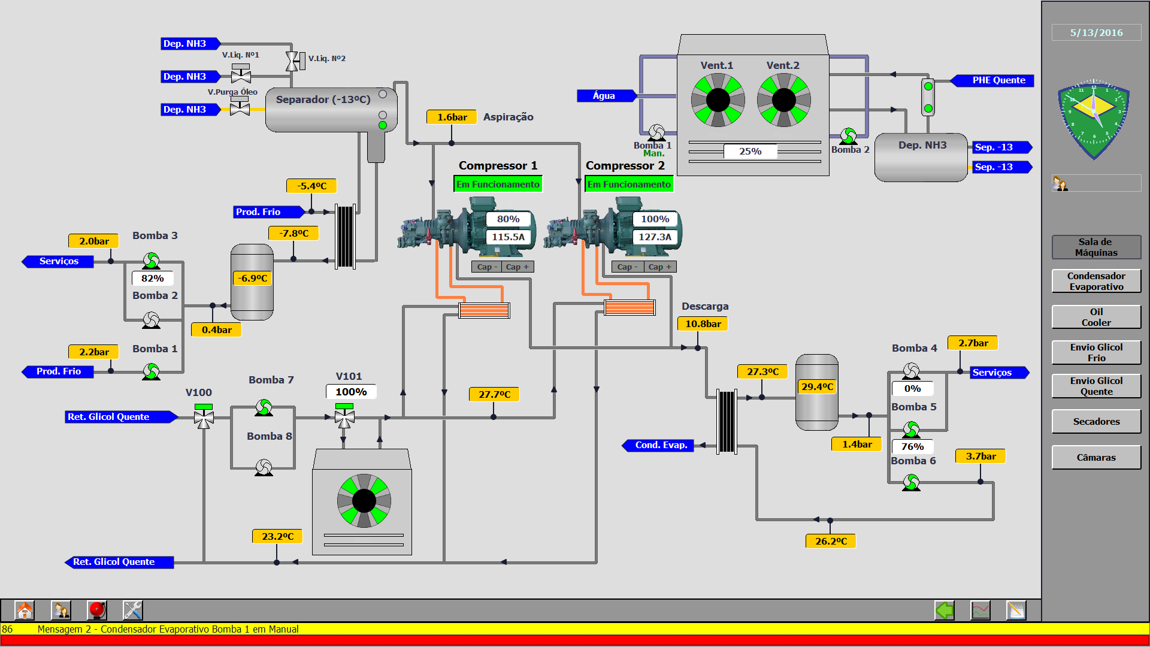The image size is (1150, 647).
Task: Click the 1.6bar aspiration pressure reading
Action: [x=452, y=117]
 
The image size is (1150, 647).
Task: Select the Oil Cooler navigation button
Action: [x=1096, y=317]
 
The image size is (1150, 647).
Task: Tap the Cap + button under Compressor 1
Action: [x=517, y=267]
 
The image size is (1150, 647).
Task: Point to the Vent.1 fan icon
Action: [x=718, y=100]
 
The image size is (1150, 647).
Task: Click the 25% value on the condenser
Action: [x=750, y=152]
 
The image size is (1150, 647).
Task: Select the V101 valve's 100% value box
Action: [x=351, y=392]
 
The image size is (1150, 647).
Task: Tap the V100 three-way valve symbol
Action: [x=204, y=417]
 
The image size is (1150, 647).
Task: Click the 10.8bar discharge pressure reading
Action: [x=703, y=324]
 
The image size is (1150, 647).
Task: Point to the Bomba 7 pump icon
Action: [x=264, y=408]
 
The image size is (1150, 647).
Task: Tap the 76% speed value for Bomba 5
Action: [x=912, y=447]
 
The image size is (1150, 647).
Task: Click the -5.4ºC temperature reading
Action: [x=311, y=186]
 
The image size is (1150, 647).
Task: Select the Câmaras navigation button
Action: [x=1096, y=458]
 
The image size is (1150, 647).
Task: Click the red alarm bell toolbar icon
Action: [x=96, y=610]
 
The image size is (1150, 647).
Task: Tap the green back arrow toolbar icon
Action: [x=945, y=610]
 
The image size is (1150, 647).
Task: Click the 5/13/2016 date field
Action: [x=1096, y=33]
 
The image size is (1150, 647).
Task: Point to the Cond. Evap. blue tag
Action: [x=661, y=445]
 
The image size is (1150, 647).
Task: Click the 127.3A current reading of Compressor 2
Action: [x=655, y=237]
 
